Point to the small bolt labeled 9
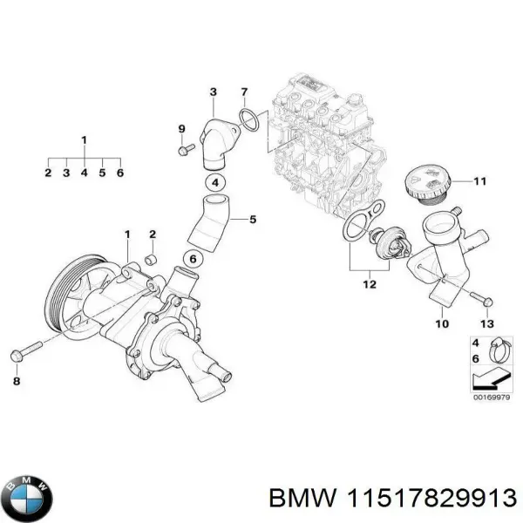[x=184, y=151]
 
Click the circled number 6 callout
[x=192, y=258]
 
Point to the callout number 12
[x=370, y=284]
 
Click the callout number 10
[x=441, y=323]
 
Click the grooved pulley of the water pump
[x=69, y=293]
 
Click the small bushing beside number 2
[x=151, y=260]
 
